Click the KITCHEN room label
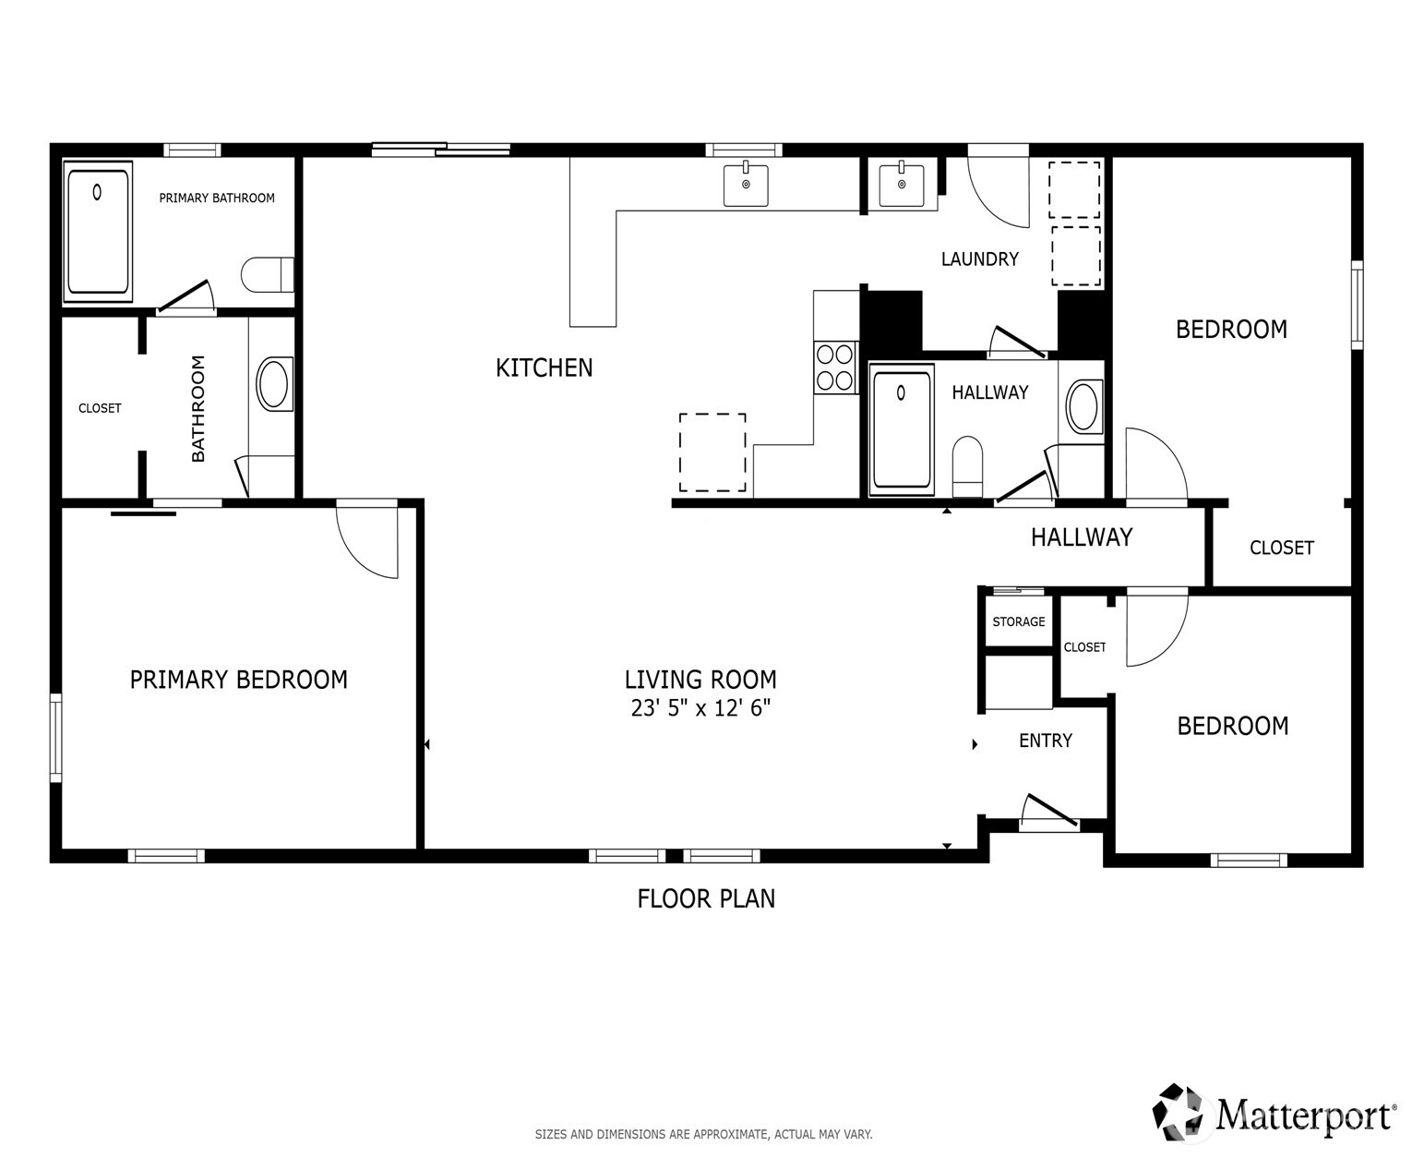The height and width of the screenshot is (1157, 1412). pyautogui.click(x=544, y=368)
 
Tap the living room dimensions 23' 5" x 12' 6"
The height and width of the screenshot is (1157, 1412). pyautogui.click(x=700, y=709)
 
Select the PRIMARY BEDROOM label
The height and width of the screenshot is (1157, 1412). pyautogui.click(x=238, y=680)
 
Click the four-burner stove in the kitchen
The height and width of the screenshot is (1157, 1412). pyautogui.click(x=835, y=367)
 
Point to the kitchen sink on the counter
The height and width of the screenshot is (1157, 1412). pyautogui.click(x=746, y=185)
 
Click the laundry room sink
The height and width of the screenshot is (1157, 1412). pyautogui.click(x=901, y=185)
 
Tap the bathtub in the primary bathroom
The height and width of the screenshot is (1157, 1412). pyautogui.click(x=98, y=231)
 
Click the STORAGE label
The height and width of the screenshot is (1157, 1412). pyautogui.click(x=1019, y=621)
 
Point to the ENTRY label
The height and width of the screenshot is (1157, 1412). pyautogui.click(x=1045, y=741)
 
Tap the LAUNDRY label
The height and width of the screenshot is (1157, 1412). pyautogui.click(x=979, y=259)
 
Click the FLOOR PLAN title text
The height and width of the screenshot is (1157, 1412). pyautogui.click(x=706, y=898)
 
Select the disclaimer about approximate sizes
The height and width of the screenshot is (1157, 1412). pyautogui.click(x=703, y=1134)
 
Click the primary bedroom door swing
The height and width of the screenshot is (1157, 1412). pyautogui.click(x=368, y=540)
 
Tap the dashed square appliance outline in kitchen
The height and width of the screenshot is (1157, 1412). pyautogui.click(x=712, y=452)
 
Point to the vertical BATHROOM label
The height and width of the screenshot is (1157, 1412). pyautogui.click(x=198, y=408)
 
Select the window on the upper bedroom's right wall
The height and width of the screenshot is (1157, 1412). pyautogui.click(x=1357, y=305)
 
